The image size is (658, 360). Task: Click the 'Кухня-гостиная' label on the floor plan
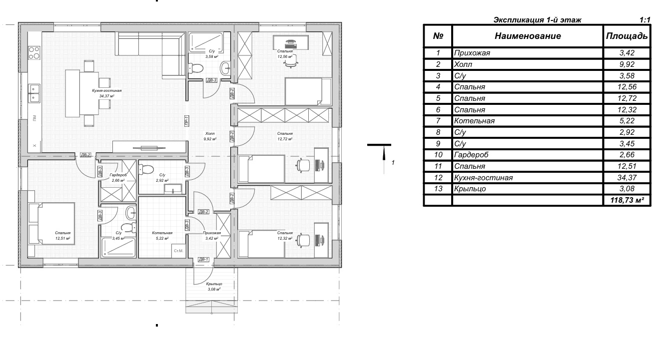coord(106,91)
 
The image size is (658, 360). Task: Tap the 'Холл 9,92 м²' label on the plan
coord(210,136)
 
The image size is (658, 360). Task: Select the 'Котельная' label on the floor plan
coord(162,233)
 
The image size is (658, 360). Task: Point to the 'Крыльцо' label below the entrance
coord(214,284)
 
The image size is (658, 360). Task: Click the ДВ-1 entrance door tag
coord(203,259)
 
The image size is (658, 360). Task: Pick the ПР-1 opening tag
coord(186,121)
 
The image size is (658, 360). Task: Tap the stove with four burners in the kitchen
coord(34,53)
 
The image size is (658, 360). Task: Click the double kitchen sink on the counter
coord(34,93)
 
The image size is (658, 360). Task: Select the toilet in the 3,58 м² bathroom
coord(196,69)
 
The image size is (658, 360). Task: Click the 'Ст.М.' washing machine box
coord(178,251)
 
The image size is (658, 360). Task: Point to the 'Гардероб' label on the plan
coord(118,175)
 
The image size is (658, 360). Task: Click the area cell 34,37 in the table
coord(627,178)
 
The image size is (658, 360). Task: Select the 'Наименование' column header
coord(528,36)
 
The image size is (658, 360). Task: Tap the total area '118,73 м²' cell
coord(627,200)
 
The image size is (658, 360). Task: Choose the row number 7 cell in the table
coord(438,121)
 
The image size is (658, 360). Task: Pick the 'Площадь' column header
coord(627,36)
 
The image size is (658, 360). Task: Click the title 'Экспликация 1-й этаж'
coord(537,20)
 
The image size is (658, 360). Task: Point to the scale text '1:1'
coord(645,20)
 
